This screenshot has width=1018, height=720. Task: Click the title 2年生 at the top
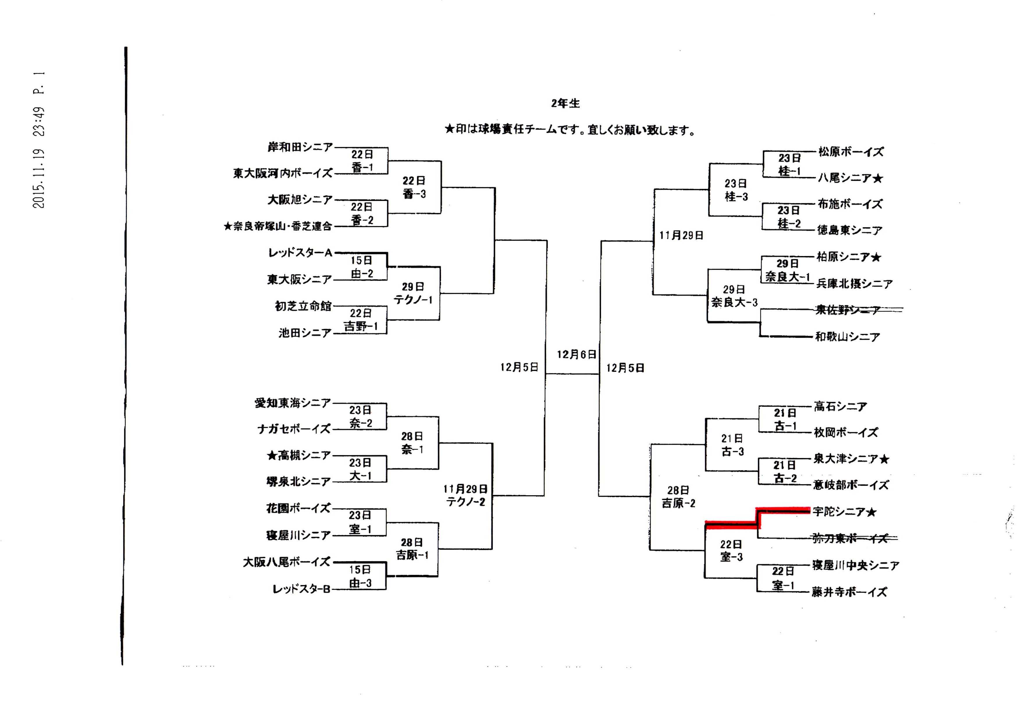[x=565, y=103]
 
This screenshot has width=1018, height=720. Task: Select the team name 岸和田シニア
[x=300, y=147]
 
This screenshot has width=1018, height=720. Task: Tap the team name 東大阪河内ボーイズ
[x=283, y=173]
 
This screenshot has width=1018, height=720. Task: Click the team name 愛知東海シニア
[x=293, y=403]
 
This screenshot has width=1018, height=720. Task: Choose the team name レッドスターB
[x=301, y=589]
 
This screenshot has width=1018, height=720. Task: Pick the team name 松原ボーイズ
[x=850, y=152]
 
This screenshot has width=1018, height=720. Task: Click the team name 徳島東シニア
[x=850, y=231]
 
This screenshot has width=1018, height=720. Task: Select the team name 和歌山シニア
[x=847, y=337]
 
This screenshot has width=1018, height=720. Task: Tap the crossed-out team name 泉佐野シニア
[x=847, y=310]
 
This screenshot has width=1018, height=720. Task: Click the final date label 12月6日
[x=576, y=355]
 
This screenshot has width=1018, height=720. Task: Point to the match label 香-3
[x=414, y=194]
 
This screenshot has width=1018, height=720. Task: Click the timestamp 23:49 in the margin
[x=39, y=121]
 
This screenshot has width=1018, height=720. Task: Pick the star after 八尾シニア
[x=878, y=178]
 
